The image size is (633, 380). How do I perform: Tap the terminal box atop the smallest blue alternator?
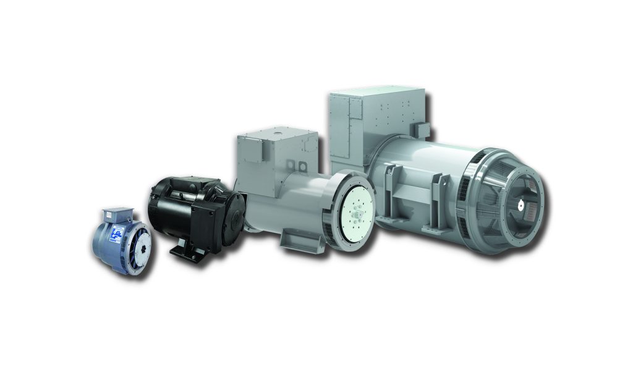tap(117, 214)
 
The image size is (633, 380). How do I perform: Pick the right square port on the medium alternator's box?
tap(304, 166)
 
